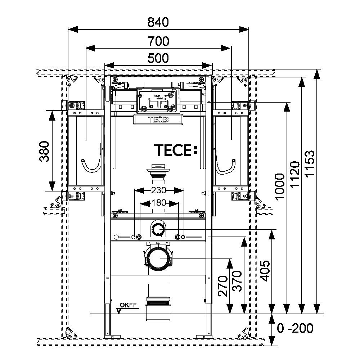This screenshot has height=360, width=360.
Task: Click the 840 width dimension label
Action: click(x=158, y=22)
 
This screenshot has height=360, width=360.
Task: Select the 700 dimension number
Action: click(x=158, y=41)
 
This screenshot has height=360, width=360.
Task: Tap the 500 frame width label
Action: click(x=158, y=58)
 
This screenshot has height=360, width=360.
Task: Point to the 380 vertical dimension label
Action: click(x=44, y=152)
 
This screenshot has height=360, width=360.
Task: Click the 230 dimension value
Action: click(x=159, y=190)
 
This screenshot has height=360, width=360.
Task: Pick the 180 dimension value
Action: click(x=159, y=203)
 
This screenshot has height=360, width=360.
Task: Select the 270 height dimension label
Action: click(x=223, y=286)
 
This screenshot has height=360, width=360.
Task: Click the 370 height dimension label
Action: click(x=237, y=281)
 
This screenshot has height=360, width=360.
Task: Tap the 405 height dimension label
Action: click(x=266, y=270)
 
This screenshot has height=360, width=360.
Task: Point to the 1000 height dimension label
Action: click(x=280, y=187)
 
